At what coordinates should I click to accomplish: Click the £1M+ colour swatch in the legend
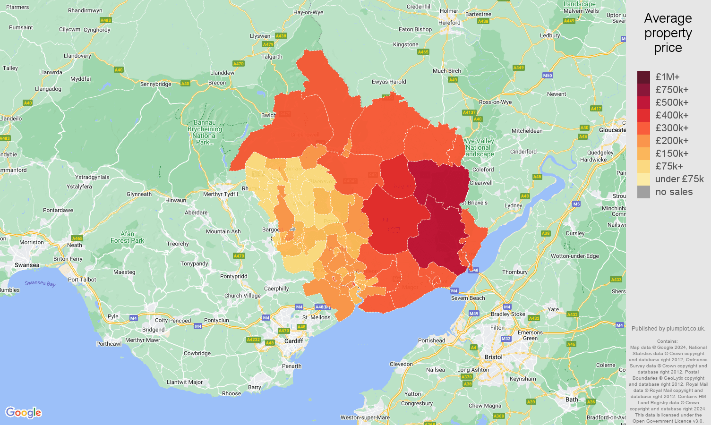point(643,77)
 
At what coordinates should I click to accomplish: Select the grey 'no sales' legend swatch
point(643,192)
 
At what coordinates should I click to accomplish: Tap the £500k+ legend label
point(672,102)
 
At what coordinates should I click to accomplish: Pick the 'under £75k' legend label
point(679,179)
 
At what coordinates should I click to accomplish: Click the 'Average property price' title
point(668,33)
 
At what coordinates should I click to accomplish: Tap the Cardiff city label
point(293,341)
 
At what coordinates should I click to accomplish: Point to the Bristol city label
point(493,357)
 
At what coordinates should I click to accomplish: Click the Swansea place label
point(27,265)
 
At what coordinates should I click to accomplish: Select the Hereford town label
point(449,23)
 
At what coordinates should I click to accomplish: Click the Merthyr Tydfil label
point(221,194)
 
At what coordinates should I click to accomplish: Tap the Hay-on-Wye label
point(308,13)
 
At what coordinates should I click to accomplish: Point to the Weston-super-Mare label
point(365,417)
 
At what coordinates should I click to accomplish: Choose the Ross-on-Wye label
point(495,102)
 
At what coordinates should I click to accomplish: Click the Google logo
point(24,412)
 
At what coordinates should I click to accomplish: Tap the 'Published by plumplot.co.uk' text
point(668,329)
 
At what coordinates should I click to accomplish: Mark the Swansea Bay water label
point(40,283)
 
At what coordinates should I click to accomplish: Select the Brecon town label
point(217,83)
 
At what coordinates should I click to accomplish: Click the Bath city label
point(572,399)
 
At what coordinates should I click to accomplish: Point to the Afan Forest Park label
point(127,237)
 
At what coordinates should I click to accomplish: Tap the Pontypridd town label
point(233,276)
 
